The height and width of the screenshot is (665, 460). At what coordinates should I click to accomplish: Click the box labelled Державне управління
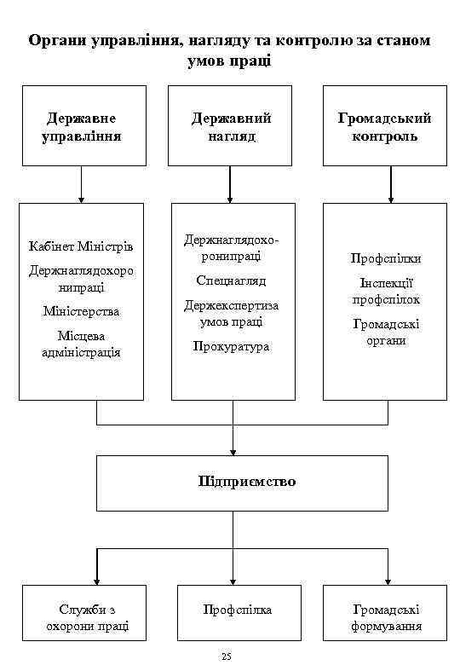click(x=83, y=125)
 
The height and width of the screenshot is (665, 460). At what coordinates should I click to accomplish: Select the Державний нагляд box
click(x=230, y=125)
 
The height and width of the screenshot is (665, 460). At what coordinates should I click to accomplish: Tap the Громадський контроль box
click(x=384, y=125)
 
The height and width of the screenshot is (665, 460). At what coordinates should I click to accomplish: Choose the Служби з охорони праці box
click(x=83, y=618)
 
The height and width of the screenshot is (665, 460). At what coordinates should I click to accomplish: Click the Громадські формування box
click(x=385, y=618)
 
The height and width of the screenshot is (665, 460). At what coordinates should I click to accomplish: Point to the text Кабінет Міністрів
click(x=81, y=247)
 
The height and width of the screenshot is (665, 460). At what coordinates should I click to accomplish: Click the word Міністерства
click(x=81, y=311)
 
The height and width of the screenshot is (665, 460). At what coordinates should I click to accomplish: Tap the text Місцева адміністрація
click(x=81, y=344)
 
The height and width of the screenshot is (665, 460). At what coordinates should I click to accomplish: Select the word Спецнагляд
click(x=231, y=280)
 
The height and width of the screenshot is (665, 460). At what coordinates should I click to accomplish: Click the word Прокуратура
click(x=231, y=346)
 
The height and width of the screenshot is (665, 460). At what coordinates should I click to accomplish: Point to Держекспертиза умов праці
click(x=231, y=313)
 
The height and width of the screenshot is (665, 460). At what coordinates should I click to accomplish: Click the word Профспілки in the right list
click(x=386, y=257)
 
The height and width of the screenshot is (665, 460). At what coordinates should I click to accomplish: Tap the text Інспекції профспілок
click(x=386, y=291)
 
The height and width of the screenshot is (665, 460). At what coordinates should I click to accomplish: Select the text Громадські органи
click(x=386, y=332)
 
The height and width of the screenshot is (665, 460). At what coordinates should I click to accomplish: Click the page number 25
click(x=226, y=656)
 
